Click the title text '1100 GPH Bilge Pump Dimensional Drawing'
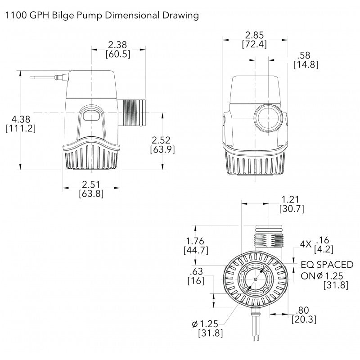pos(102,16)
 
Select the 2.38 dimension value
pos(118,45)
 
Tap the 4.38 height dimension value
pos(20,119)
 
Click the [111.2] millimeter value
pos(20,128)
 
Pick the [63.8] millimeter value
pos(91,194)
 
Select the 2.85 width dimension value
pos(254,35)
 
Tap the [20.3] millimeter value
pos(305,319)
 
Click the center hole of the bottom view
pos(256,279)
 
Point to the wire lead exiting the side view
pos(45,77)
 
